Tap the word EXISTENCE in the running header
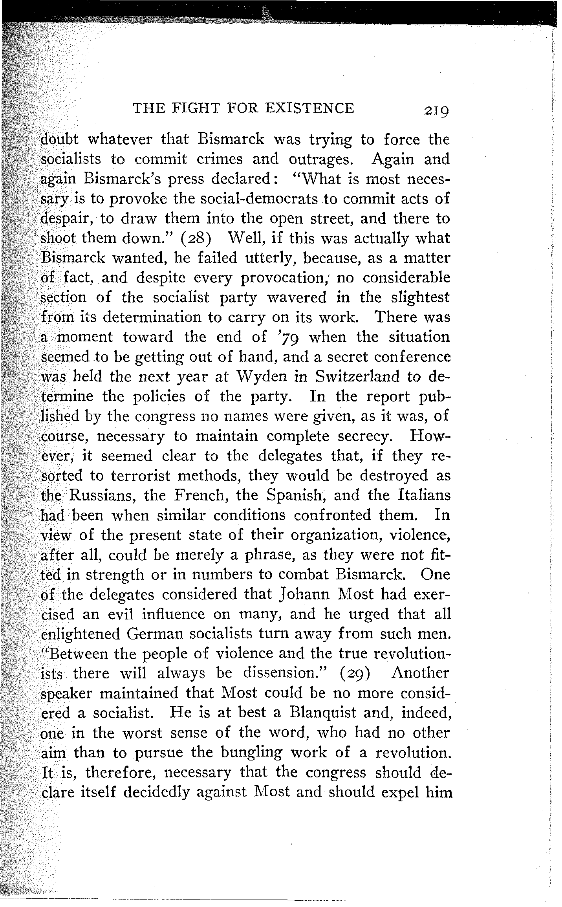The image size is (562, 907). click(310, 108)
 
